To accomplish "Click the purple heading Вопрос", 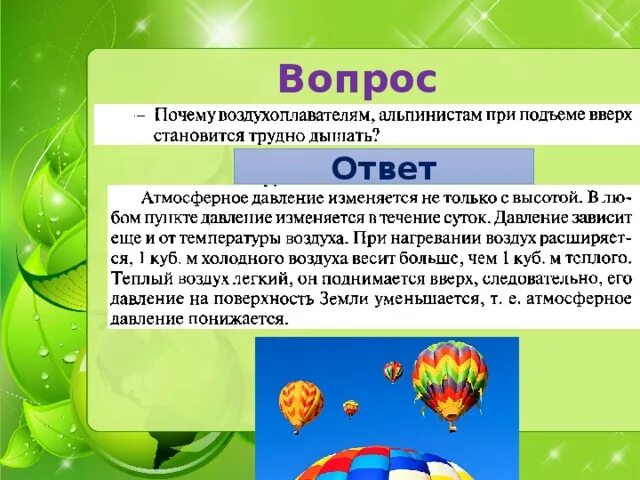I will (357, 77).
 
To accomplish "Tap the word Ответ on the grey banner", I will (383, 167).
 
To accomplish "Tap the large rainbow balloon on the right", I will (449, 378).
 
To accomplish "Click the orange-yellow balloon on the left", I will (300, 402).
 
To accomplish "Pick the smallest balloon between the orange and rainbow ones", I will (350, 407).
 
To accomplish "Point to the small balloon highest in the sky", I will (393, 371).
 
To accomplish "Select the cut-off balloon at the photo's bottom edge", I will (385, 465).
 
